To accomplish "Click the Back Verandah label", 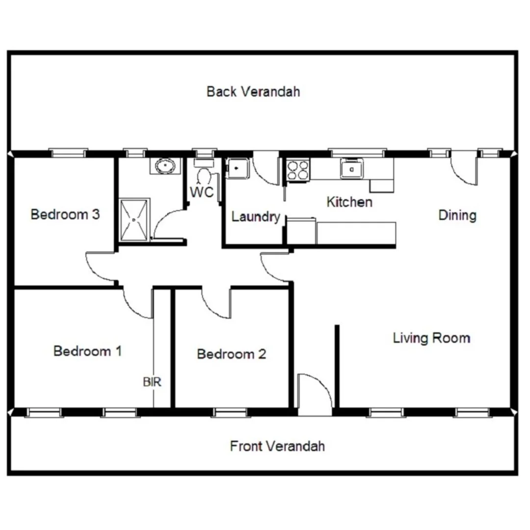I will pos(253,92).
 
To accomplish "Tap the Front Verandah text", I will pos(277,446).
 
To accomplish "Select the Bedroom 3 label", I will pos(65,214).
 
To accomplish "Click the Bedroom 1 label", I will pos(87,351).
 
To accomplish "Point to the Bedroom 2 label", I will pos(231,354).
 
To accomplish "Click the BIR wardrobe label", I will pos(152,382).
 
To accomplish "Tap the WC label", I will pos(202,192).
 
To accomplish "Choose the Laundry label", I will pos(255,217).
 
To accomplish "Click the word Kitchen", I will pos(349,202).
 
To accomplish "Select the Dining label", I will pos(457,215).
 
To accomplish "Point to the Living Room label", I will pos(431,338).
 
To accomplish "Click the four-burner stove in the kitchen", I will pos(298,170).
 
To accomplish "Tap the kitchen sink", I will pos(352,169).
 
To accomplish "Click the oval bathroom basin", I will pos(166,166).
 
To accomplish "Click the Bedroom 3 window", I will pos(69,153).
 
